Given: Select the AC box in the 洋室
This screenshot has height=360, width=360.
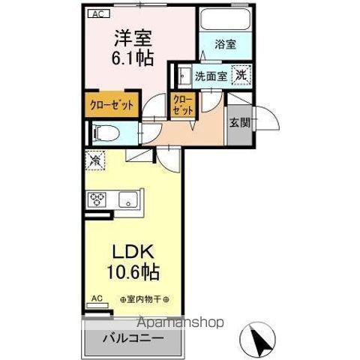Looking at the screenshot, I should (97, 13).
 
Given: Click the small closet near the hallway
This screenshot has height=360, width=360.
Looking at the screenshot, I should (183, 104).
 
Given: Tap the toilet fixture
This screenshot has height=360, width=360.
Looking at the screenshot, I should (105, 133).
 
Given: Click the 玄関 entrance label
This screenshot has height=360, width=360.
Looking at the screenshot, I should (239, 122).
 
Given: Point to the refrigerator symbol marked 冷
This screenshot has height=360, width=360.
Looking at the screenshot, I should (95, 160).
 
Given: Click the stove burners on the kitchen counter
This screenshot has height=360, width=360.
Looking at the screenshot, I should (97, 199).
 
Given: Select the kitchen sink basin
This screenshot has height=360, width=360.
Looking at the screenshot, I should (127, 199).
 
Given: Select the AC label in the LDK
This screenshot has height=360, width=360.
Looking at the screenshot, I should (96, 298).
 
